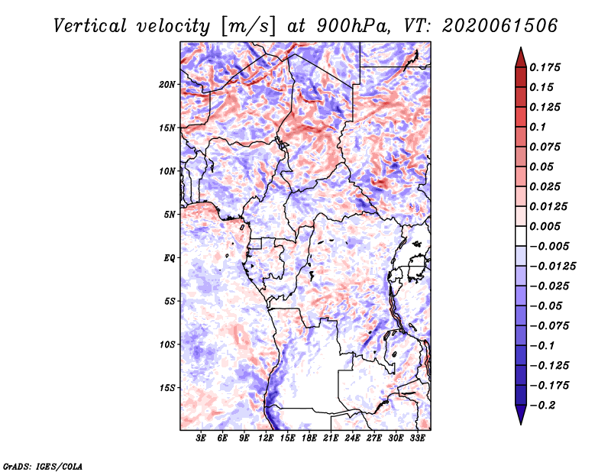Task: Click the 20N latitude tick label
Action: point(167,85)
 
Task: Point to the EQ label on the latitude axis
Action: point(169,258)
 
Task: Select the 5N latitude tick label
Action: point(170,215)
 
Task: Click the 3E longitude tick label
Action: point(201,438)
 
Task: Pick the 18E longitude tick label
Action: point(309,438)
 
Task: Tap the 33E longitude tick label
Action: point(417,438)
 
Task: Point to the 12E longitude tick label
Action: point(266,438)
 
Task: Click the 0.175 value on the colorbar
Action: point(545,67)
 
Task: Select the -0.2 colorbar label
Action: point(542,406)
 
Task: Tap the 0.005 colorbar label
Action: point(545,226)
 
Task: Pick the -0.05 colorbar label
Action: point(546,306)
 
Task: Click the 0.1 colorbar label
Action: point(538,127)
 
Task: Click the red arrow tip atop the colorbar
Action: point(521,48)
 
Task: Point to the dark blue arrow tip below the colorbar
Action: point(521,423)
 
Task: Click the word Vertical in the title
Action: point(90,26)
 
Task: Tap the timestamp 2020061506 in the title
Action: point(500,26)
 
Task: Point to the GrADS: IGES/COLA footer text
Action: point(43,466)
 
